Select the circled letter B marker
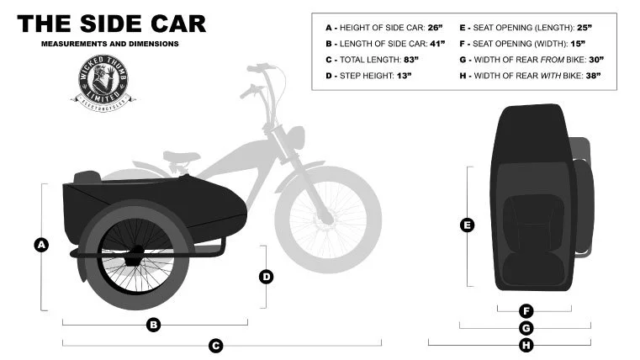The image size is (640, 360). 154,325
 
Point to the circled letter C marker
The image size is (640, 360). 216,345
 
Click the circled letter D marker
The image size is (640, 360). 266,276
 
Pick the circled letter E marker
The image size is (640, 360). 468,225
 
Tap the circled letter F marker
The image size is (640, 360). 526,311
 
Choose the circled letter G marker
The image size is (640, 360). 526,328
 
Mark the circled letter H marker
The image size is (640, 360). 526,345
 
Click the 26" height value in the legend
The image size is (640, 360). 435,28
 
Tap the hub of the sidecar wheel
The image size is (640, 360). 134,257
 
